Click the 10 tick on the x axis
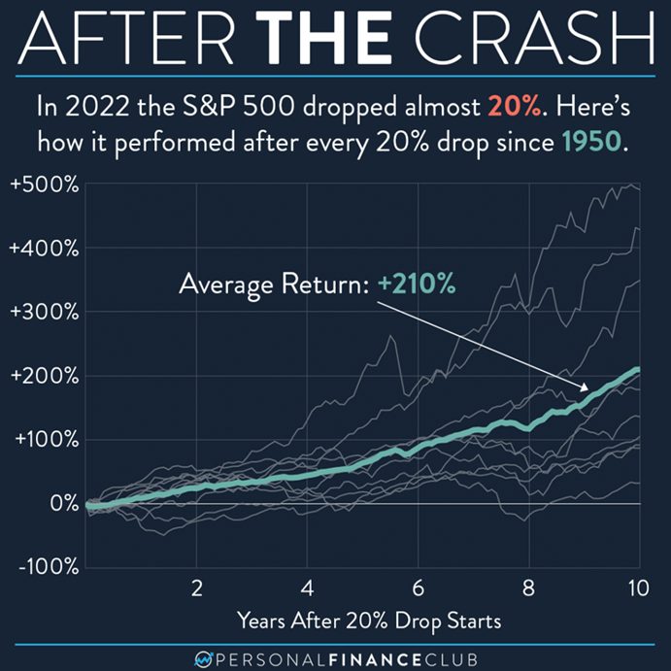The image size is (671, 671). tap(638, 587)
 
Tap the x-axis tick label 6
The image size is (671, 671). tap(418, 587)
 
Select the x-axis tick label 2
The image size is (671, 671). tap(196, 587)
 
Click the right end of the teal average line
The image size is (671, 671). tap(638, 369)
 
